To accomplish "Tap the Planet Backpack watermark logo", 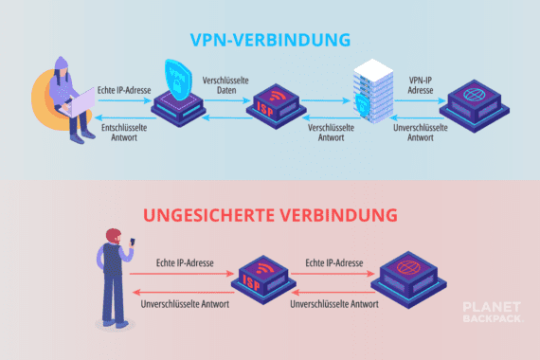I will click(492, 314).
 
